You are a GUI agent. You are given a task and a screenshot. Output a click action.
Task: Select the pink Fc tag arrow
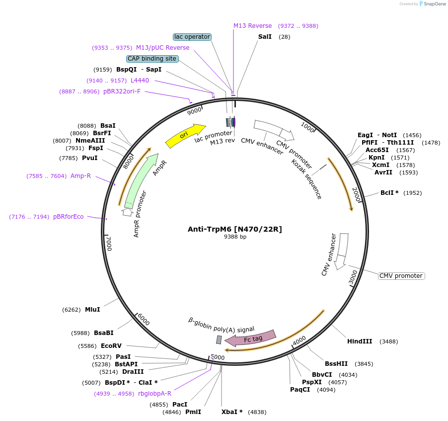(x=251, y=338)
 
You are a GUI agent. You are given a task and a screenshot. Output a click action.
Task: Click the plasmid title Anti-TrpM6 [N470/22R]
(x=235, y=229)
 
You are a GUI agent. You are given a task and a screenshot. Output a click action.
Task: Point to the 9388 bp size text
(x=235, y=237)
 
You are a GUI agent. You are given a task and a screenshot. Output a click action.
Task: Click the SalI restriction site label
(x=265, y=37)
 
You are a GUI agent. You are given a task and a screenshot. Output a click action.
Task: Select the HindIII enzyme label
(x=360, y=341)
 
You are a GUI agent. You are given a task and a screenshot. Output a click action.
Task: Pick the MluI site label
(x=92, y=310)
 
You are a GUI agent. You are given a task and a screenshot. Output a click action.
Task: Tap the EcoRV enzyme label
(x=111, y=345)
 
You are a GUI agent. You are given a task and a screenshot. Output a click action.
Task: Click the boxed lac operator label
(x=192, y=37)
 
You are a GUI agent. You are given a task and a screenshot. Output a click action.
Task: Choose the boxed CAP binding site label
(x=152, y=59)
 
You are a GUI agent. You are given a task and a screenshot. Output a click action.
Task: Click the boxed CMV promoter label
(x=401, y=276)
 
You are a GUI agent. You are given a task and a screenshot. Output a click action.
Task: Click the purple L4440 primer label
(x=140, y=81)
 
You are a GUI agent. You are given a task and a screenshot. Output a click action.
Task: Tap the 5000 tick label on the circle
(x=218, y=357)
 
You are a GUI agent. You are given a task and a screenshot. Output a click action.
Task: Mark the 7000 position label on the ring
(x=109, y=244)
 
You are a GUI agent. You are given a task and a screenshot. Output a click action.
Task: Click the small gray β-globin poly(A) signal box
(x=219, y=340)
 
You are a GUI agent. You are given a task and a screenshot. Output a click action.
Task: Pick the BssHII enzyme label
(x=336, y=363)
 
